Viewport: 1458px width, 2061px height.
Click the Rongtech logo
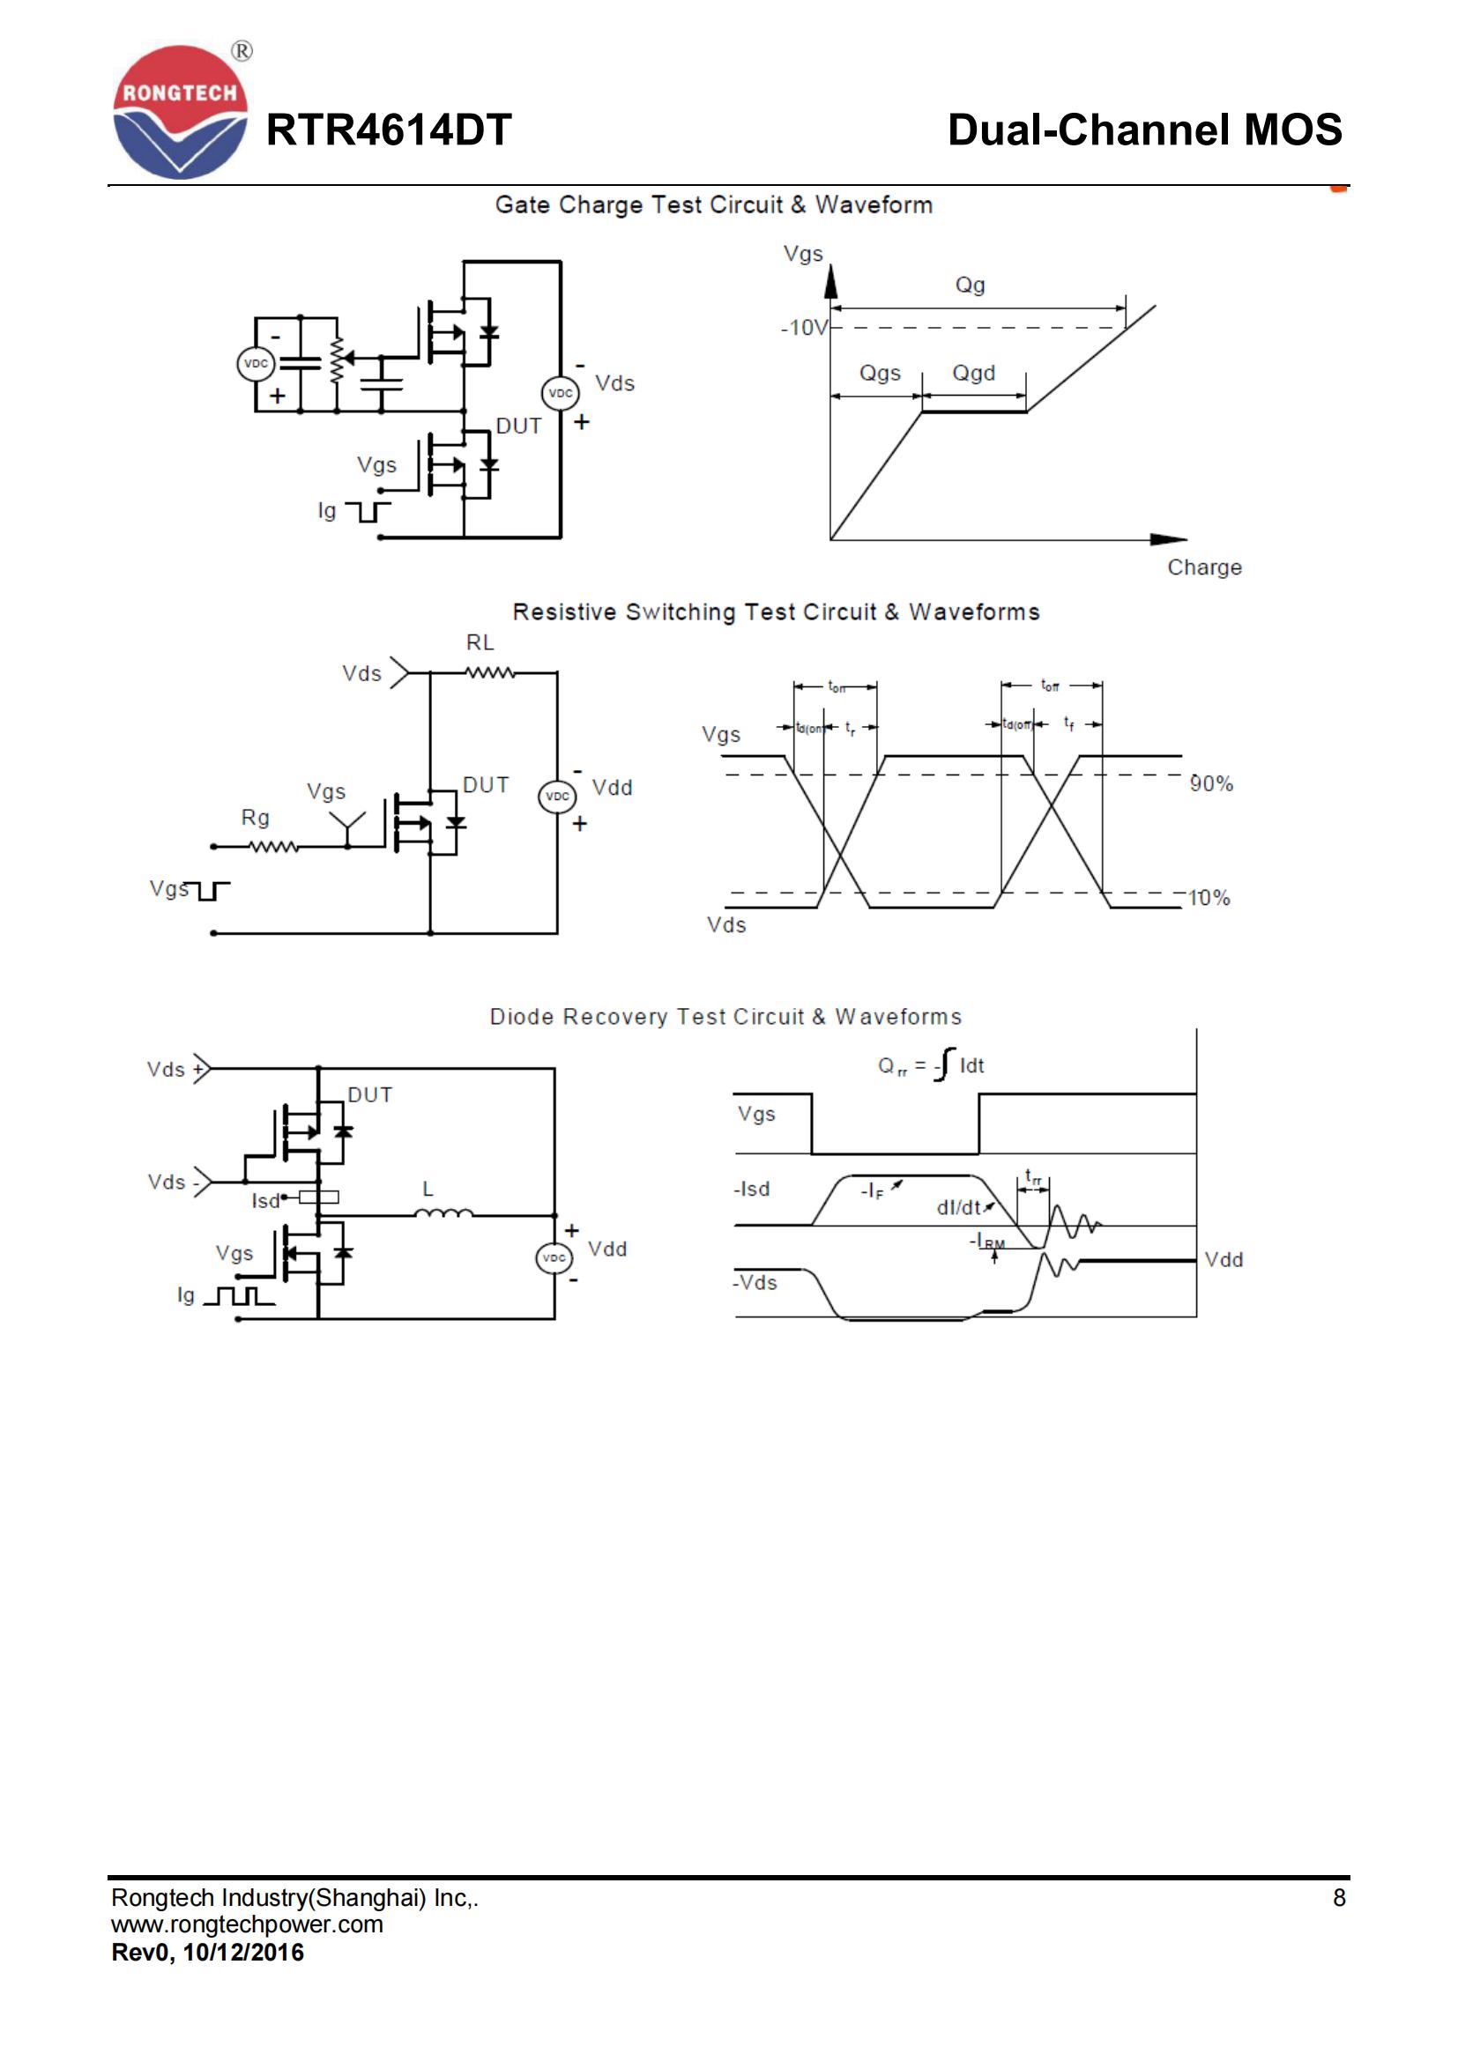tap(180, 112)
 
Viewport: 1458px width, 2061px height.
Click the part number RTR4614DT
tap(388, 130)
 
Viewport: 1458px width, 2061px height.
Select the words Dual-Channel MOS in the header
tap(1144, 130)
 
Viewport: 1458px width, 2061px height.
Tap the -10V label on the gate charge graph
tap(804, 328)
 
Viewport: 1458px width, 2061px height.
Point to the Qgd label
tap(973, 373)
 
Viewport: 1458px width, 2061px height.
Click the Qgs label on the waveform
tap(879, 373)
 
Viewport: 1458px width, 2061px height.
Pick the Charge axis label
tap(1204, 567)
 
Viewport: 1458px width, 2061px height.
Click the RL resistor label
tap(480, 642)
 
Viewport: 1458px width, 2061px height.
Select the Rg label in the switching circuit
tap(255, 818)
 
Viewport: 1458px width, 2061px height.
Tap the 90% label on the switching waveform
tap(1211, 783)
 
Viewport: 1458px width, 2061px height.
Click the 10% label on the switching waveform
tap(1209, 898)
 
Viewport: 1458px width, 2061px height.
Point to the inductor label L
tap(428, 1189)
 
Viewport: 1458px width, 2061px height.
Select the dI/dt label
tap(958, 1208)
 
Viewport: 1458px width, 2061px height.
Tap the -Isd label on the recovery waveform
tap(751, 1190)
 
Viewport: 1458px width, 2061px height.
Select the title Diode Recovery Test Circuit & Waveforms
tap(725, 1017)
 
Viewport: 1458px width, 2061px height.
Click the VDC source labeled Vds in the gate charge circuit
tap(561, 393)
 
